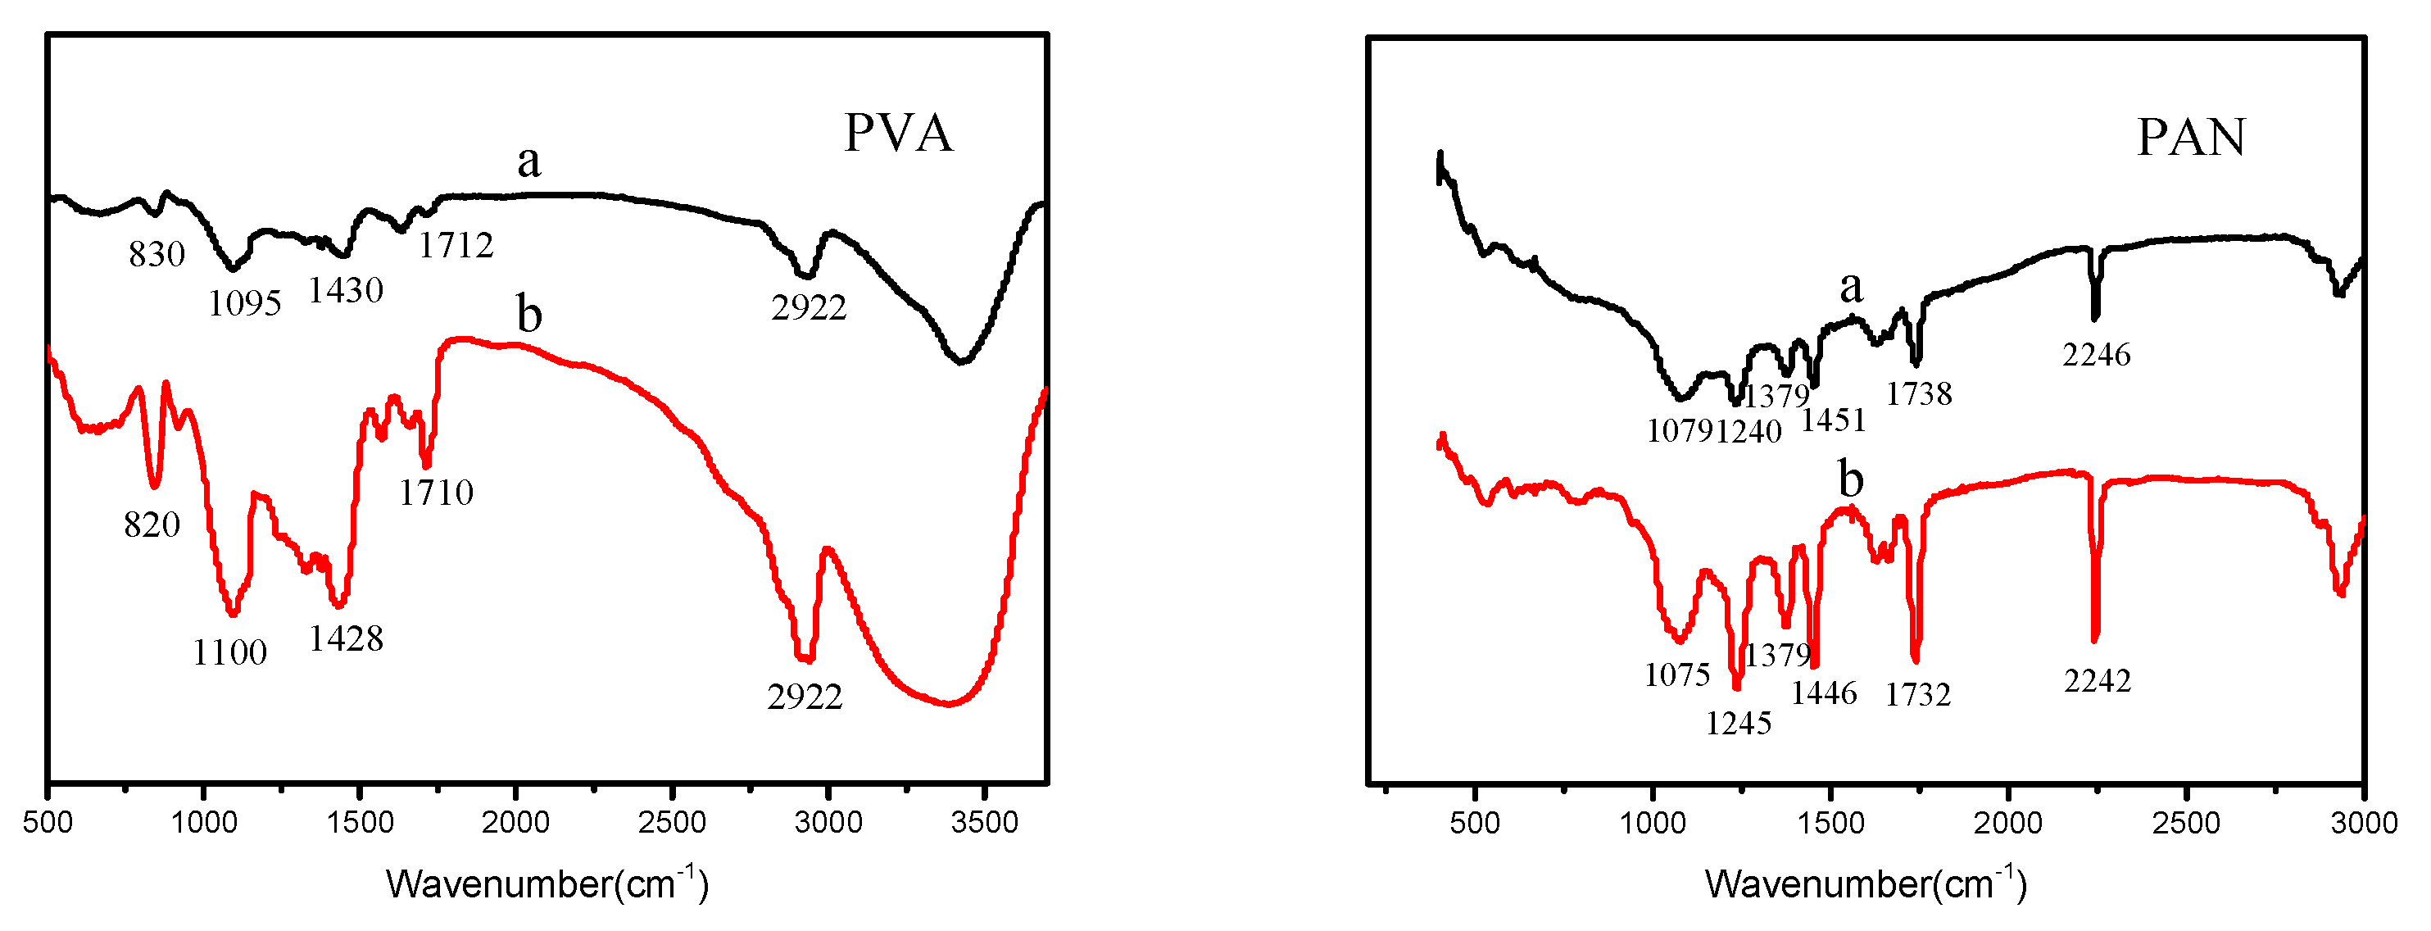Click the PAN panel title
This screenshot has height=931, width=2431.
point(2190,138)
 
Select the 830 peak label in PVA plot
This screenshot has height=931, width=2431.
point(156,254)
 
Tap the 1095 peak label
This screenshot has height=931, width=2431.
point(244,303)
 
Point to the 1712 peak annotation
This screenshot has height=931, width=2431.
point(456,246)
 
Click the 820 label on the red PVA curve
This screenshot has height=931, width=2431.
point(152,524)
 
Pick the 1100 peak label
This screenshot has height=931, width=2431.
point(230,652)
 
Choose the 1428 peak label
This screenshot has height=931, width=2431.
point(347,639)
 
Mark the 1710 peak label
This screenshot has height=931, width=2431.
point(436,492)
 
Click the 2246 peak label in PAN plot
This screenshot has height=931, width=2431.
point(2096,355)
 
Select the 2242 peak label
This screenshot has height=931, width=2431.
point(2097,681)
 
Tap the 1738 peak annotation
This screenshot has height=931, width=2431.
point(1919,393)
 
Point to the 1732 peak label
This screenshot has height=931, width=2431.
point(1917,695)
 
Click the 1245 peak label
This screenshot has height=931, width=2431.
point(1739,724)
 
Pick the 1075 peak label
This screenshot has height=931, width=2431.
point(1677,675)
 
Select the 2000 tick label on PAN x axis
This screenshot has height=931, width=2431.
point(2008,823)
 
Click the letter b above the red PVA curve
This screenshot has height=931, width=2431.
point(529,314)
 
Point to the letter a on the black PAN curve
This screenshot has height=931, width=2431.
point(1852,286)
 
